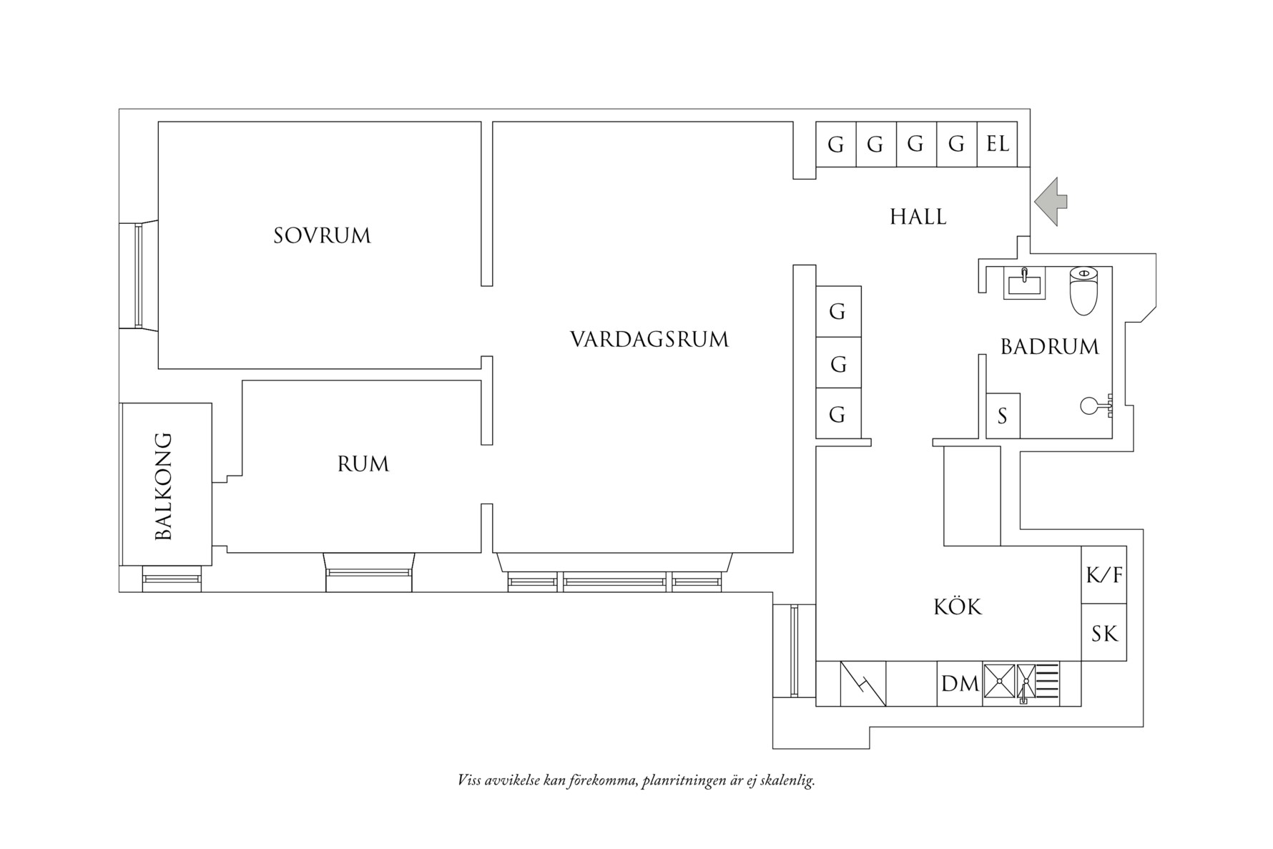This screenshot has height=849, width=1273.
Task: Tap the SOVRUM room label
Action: coord(322,235)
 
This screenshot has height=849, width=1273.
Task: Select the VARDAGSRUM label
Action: coord(649,339)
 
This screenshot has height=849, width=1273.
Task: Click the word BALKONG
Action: coord(164,486)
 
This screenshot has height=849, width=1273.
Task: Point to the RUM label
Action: coord(363,464)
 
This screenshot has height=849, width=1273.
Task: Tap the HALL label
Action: coord(918,217)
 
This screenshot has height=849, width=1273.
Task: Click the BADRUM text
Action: coord(1049,347)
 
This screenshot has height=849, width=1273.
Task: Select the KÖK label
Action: coord(958,607)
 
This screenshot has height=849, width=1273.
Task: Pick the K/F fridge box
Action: coord(1104,574)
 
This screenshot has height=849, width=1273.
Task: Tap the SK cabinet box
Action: coord(1104,633)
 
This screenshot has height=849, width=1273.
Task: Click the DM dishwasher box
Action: coord(959,684)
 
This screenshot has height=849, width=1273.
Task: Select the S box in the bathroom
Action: coord(1002,416)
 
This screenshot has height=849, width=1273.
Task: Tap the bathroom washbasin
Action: coord(1023,282)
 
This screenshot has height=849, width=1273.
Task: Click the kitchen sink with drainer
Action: coord(1021,683)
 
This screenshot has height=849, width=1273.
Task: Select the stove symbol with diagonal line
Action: coord(862,684)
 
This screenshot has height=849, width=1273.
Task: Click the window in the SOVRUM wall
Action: coord(139,275)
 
